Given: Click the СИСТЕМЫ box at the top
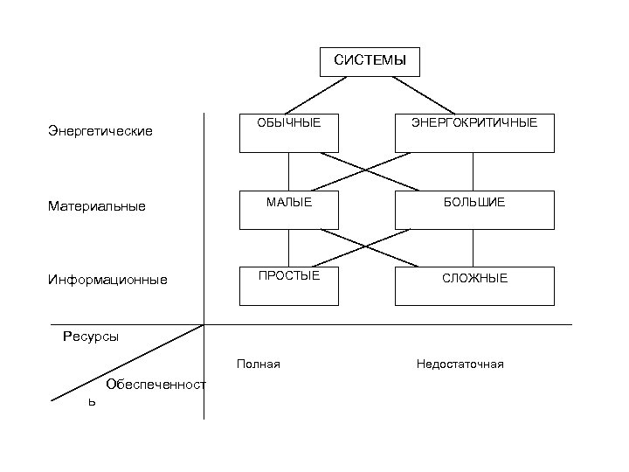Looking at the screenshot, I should (370, 61).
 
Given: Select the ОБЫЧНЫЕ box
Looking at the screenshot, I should (288, 133).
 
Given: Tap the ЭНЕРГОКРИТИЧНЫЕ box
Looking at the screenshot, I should (473, 133).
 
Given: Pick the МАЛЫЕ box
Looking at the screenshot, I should (288, 210).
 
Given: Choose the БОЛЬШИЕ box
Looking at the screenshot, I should (473, 210).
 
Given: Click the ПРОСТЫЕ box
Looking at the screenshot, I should (288, 286).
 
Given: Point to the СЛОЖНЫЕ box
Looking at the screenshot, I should (473, 286).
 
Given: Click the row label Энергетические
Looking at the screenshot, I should (100, 131).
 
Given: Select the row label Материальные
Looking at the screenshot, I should (96, 207).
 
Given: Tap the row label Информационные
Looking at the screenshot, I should (107, 281).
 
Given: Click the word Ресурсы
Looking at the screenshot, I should (91, 337).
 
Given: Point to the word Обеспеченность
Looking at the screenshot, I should (155, 385).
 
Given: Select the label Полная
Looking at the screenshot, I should (258, 364).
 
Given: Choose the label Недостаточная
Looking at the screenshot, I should (460, 364).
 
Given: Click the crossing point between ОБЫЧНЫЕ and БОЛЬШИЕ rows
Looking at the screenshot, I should (364, 171).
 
